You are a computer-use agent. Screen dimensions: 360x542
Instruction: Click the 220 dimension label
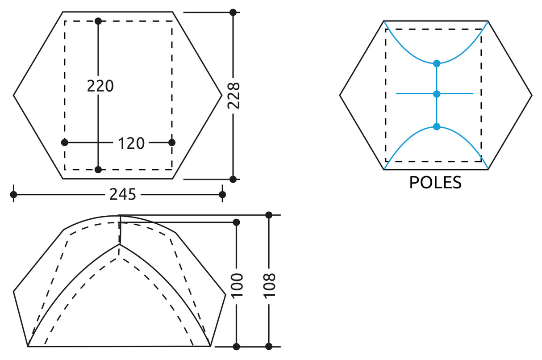[100, 85]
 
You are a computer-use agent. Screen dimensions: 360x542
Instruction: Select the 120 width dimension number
[131, 143]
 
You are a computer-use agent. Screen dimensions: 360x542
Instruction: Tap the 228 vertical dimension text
[233, 95]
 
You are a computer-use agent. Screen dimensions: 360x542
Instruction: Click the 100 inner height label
[237, 285]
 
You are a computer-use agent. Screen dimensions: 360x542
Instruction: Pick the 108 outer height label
[269, 285]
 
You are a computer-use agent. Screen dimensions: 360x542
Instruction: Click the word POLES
[435, 182]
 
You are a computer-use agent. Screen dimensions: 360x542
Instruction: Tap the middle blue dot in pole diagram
[437, 94]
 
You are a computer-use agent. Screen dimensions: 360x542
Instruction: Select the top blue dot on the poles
[437, 63]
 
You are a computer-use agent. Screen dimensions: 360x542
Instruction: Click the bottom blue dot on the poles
[437, 127]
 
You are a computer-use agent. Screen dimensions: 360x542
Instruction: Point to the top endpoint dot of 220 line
[98, 21]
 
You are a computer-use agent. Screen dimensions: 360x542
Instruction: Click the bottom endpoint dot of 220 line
[98, 169]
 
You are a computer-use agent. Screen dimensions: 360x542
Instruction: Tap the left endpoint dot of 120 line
[65, 142]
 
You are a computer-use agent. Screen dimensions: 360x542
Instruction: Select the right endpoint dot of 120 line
[172, 142]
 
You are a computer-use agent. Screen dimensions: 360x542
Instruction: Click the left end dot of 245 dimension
[13, 194]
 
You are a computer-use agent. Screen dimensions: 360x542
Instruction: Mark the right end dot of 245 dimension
[222, 194]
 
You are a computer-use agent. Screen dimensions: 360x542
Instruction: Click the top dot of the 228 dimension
[233, 12]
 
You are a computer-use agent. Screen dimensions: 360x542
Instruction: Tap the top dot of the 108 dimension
[269, 215]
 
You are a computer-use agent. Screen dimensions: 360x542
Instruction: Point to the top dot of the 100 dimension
[237, 222]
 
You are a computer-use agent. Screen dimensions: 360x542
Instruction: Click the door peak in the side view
[120, 244]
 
